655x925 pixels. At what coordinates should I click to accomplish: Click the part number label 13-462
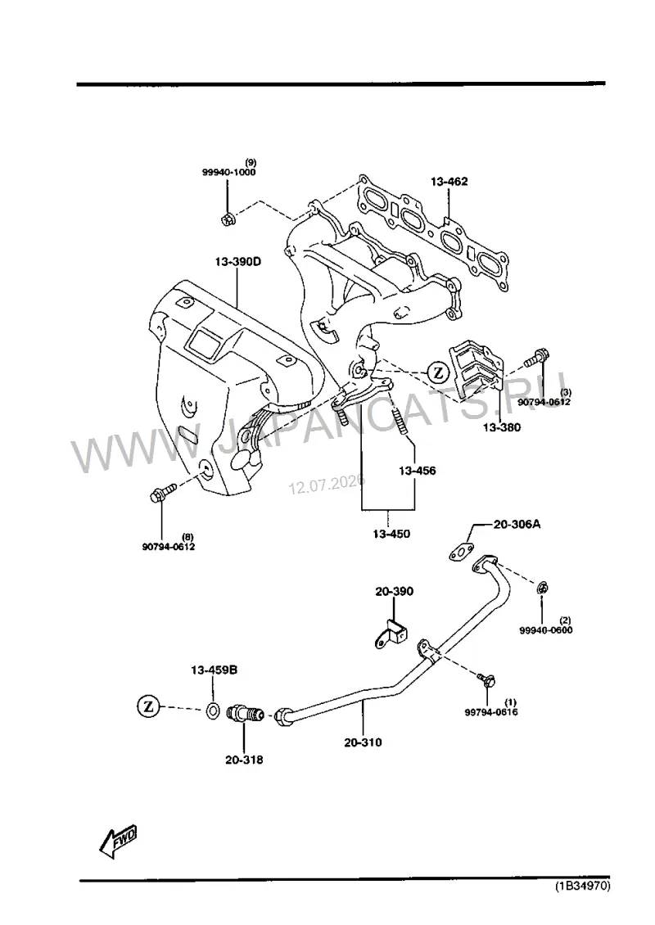(x=449, y=182)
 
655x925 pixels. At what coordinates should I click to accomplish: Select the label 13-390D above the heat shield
(x=237, y=261)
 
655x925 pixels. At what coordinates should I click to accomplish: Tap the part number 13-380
(x=502, y=427)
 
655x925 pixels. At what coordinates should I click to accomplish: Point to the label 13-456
(x=418, y=471)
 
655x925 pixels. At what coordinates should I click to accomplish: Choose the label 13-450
(x=391, y=534)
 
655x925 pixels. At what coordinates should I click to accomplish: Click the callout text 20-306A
(x=517, y=523)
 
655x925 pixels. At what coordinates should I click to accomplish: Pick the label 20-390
(x=394, y=591)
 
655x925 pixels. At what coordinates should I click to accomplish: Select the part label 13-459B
(x=215, y=670)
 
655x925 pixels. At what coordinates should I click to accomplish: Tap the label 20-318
(x=244, y=760)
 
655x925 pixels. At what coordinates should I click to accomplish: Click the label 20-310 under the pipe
(x=363, y=742)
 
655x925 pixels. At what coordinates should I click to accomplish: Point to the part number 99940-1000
(x=229, y=172)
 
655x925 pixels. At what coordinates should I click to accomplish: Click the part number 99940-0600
(x=546, y=630)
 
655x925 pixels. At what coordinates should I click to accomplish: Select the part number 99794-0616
(x=491, y=712)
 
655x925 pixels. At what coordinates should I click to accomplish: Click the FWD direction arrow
(x=118, y=841)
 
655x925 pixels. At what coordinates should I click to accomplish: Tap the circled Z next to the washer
(x=149, y=706)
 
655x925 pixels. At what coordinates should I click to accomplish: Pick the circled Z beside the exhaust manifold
(x=438, y=372)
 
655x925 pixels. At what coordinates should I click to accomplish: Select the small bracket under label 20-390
(x=391, y=634)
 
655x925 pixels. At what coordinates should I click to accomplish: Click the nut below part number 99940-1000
(x=228, y=220)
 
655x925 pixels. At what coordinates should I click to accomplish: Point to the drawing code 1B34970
(x=582, y=886)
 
